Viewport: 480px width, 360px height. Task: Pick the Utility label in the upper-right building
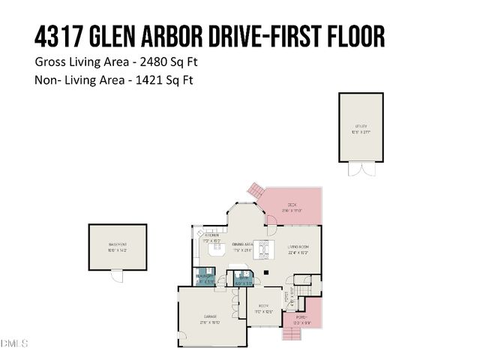tap(361, 127)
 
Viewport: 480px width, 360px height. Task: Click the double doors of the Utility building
tap(360, 169)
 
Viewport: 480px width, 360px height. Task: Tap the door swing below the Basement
tap(116, 276)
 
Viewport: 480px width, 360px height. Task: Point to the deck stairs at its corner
tap(256, 189)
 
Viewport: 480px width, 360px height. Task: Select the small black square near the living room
tap(265, 272)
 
